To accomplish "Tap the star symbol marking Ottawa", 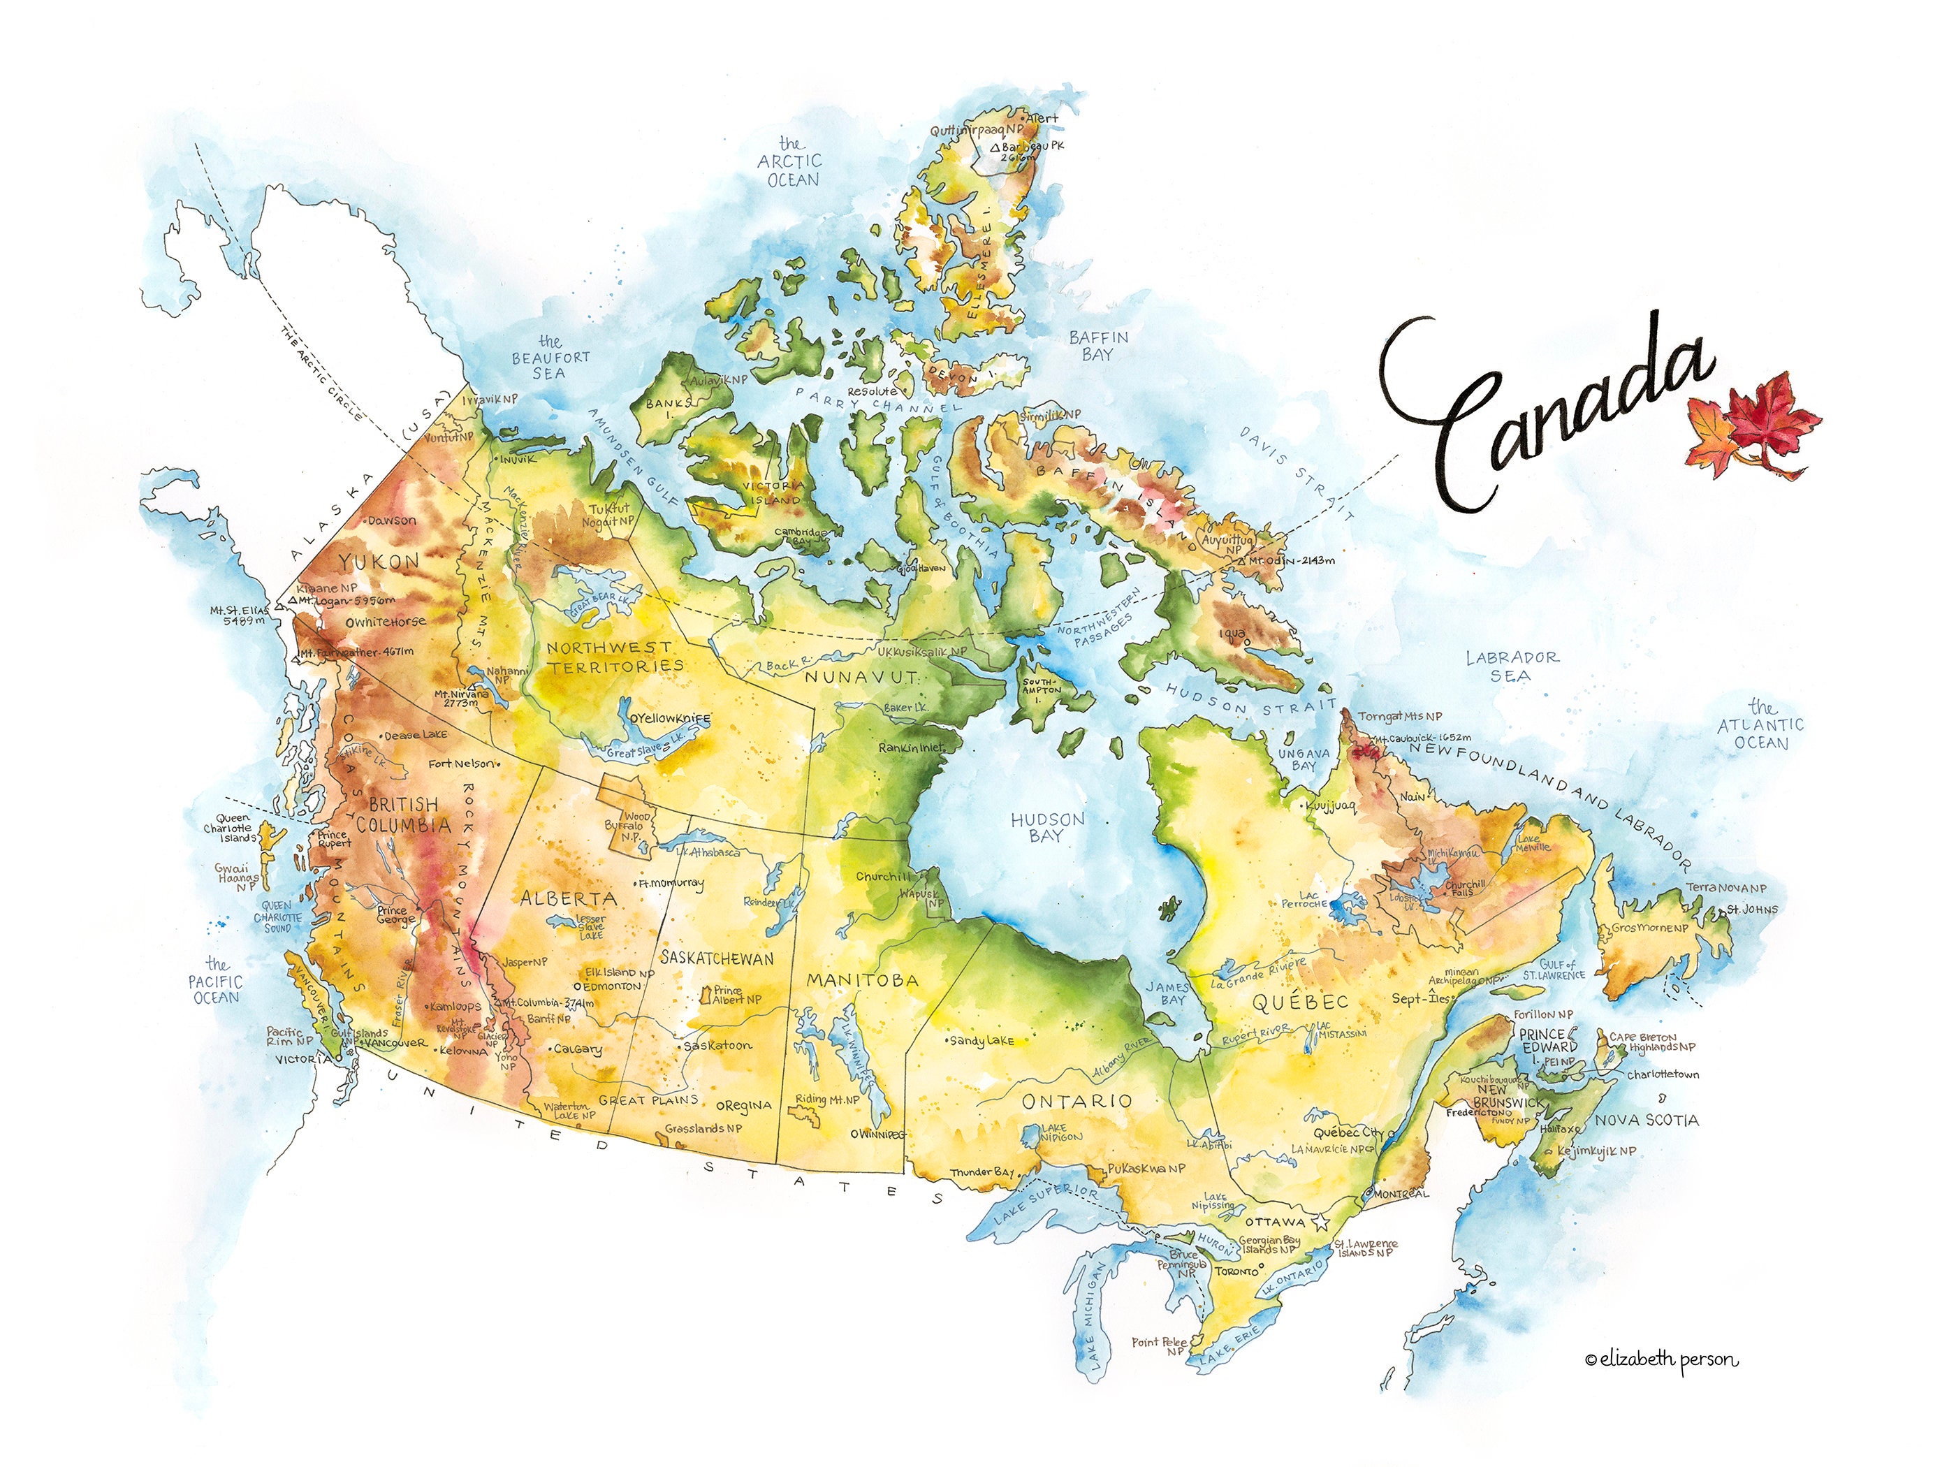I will (1322, 1224).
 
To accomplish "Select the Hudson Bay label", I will (1047, 828).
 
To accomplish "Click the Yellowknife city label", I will (671, 719).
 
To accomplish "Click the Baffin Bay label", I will (1098, 346).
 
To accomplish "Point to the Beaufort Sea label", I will (550, 357).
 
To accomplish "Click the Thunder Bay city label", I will (982, 1172).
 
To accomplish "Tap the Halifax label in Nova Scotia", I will (1561, 1129).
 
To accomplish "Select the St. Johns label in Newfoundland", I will (1753, 909).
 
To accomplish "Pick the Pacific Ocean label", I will (216, 981).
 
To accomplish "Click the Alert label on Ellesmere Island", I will (1042, 117).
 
